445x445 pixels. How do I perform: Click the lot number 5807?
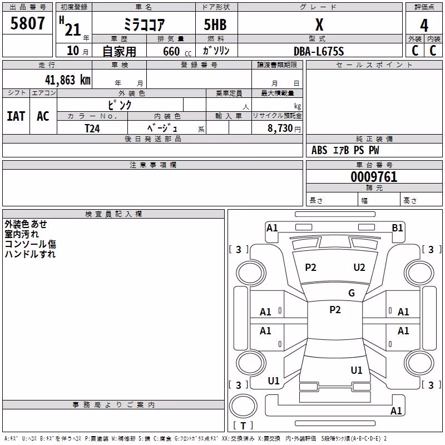(x=27, y=23)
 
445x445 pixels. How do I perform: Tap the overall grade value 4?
(x=424, y=26)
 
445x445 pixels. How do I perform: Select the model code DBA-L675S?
(x=319, y=51)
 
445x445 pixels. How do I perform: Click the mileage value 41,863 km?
(x=68, y=80)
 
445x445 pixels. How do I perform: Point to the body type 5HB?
(x=215, y=24)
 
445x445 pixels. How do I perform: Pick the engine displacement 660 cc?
(x=177, y=52)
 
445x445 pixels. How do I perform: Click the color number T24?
(x=92, y=128)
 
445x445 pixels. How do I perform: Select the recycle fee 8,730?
(x=280, y=128)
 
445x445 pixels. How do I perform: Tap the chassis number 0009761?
(x=374, y=177)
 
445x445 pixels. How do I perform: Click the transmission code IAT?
(x=16, y=116)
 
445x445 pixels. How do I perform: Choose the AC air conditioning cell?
(x=43, y=116)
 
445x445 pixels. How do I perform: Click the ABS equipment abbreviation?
(x=319, y=150)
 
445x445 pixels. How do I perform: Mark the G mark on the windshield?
(x=352, y=293)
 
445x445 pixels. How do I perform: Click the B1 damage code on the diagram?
(x=397, y=228)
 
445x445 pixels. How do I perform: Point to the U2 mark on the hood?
(x=359, y=268)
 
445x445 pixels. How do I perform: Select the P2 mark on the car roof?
(x=335, y=310)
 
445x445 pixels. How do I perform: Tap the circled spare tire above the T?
(x=243, y=406)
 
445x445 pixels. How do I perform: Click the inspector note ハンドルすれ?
(x=30, y=254)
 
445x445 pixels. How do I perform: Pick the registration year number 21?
(x=73, y=30)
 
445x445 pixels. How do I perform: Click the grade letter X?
(x=319, y=24)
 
